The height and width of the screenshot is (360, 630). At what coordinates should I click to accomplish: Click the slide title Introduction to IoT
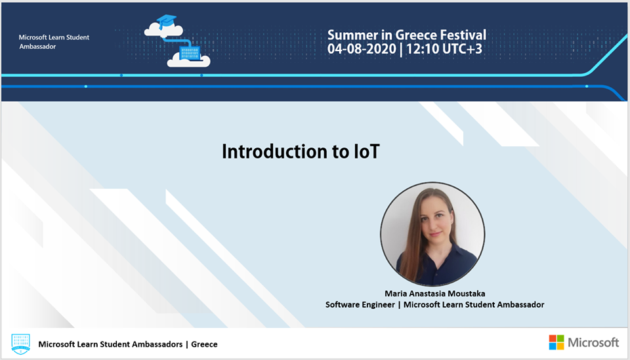[x=301, y=151]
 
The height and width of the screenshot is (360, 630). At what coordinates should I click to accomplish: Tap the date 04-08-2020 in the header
[x=362, y=49]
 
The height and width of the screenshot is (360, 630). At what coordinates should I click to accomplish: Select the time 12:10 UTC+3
[x=444, y=49]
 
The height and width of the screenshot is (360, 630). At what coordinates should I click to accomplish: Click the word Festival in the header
[x=463, y=35]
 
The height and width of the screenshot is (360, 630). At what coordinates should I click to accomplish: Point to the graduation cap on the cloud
[x=166, y=21]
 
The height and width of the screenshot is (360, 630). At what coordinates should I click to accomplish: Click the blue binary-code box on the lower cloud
[x=190, y=53]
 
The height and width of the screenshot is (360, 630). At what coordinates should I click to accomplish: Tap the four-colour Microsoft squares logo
[x=556, y=342]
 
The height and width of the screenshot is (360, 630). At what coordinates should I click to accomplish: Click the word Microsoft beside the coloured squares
[x=593, y=342]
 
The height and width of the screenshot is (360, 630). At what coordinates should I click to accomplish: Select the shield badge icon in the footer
[x=20, y=344]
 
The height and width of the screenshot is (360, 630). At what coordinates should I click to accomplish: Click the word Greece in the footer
[x=204, y=344]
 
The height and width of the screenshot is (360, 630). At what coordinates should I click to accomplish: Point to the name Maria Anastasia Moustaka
[x=434, y=293]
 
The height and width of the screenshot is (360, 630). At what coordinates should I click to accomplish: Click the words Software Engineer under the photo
[x=360, y=305]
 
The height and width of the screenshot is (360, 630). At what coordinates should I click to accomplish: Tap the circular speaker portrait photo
[x=432, y=234]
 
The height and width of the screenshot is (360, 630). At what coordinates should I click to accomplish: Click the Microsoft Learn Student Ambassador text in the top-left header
[x=54, y=42]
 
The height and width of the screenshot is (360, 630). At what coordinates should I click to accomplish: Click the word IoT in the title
[x=366, y=151]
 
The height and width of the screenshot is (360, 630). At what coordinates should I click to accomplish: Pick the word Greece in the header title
[x=416, y=35]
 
